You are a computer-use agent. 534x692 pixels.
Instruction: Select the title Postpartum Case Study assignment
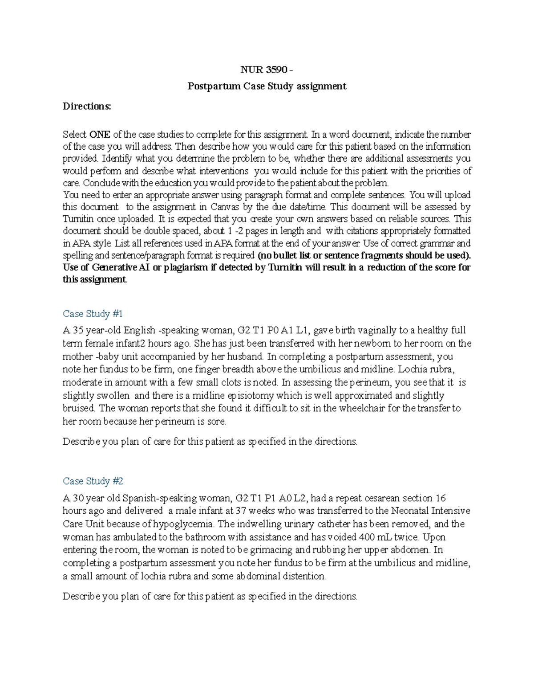tap(267, 86)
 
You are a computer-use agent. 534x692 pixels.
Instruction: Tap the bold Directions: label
tap(87, 106)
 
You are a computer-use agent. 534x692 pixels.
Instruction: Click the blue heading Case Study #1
tap(93, 314)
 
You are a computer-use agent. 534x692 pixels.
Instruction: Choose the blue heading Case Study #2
tap(93, 481)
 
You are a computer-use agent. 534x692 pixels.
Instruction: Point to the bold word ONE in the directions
tap(100, 135)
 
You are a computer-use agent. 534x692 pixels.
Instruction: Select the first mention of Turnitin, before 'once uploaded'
tap(78, 219)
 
